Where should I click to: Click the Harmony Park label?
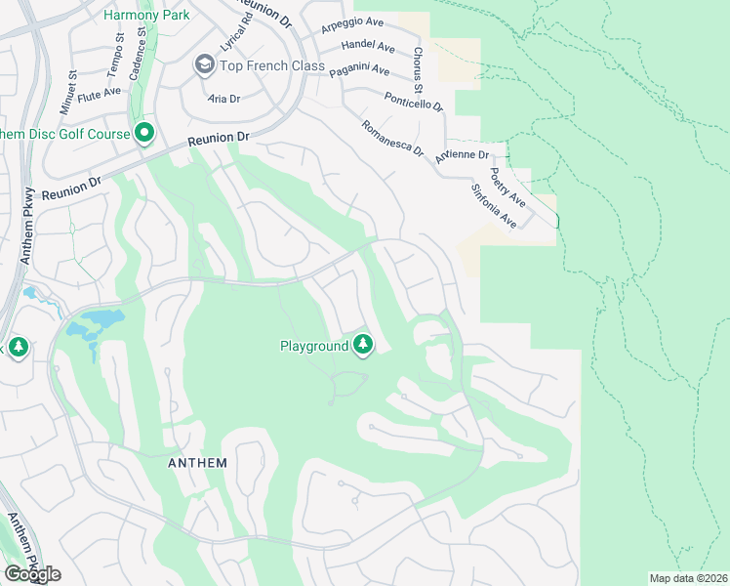(x=146, y=15)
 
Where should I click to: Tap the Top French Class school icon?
(x=205, y=65)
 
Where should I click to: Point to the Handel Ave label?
(x=367, y=47)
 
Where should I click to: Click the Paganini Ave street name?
(x=359, y=70)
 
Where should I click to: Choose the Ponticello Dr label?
(x=413, y=101)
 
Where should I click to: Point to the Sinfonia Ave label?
(x=494, y=206)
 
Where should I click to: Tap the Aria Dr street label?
(x=223, y=99)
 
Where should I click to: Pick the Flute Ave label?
(x=99, y=95)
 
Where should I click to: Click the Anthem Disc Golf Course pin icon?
(x=145, y=133)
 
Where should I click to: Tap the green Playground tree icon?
(x=363, y=345)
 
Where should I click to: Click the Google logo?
(x=31, y=574)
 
